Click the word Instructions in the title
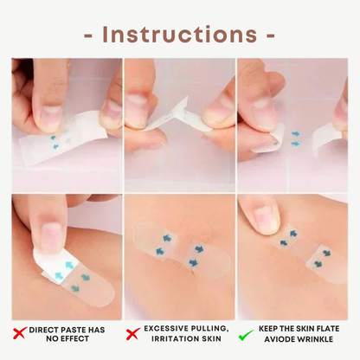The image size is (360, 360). click(179, 35)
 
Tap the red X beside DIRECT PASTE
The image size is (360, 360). click(20, 333)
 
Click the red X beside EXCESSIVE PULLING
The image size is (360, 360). click(132, 333)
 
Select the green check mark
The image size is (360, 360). click(246, 335)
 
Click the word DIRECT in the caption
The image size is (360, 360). click(43, 330)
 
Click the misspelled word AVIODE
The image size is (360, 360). click(280, 339)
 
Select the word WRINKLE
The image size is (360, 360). click(315, 339)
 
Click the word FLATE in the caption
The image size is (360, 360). click(328, 329)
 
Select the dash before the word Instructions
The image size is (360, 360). click(88, 36)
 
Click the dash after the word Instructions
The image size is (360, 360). click(271, 36)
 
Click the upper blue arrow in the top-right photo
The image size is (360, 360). click(296, 134)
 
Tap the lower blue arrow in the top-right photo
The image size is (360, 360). click(295, 143)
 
